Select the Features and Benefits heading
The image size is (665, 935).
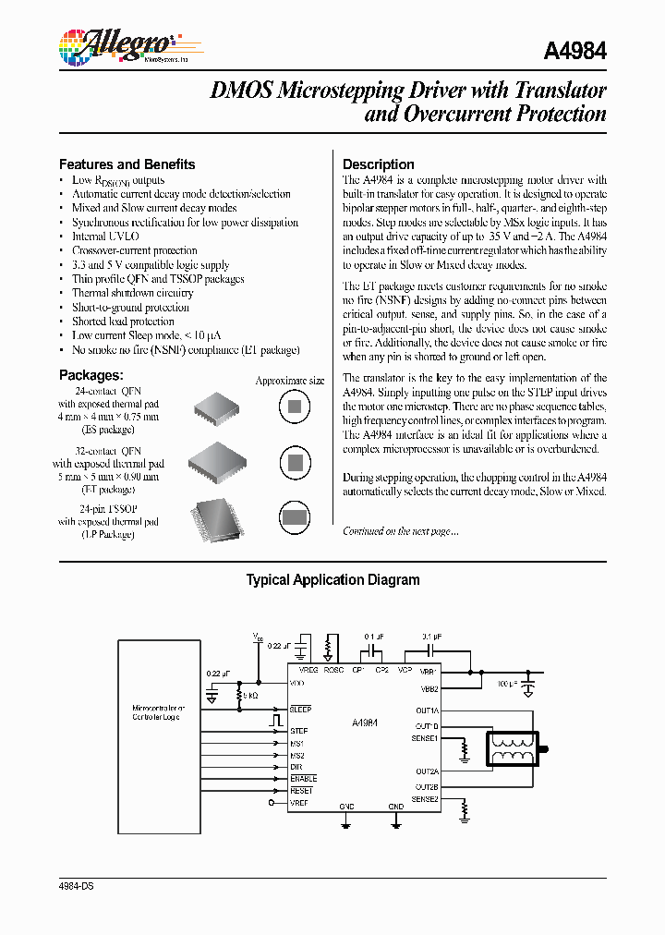127,164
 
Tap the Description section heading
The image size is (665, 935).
379,164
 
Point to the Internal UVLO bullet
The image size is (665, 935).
105,237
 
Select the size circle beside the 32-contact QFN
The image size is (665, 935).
295,463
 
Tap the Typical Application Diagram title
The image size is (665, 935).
332,580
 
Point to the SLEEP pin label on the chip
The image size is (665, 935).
300,709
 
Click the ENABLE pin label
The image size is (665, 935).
303,779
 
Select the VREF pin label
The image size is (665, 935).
299,804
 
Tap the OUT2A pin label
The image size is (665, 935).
426,771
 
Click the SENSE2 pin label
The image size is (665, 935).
425,799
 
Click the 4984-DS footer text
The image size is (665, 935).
77,886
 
